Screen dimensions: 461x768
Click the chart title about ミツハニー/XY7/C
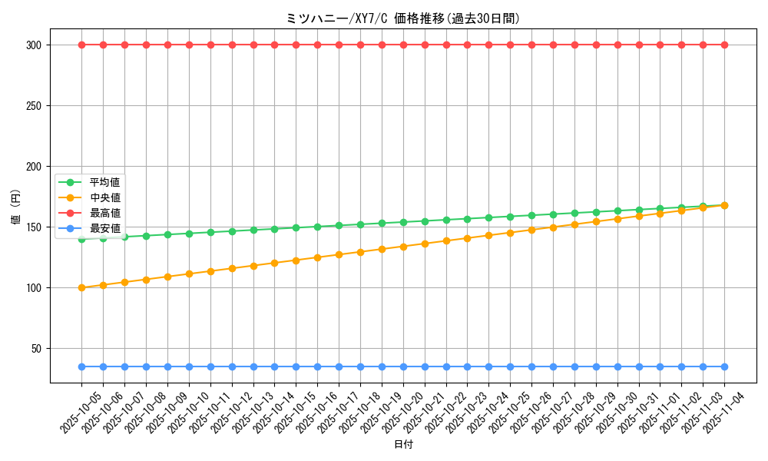coord(402,18)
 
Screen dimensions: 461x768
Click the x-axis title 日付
coord(403,445)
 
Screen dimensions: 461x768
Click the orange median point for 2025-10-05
coord(81,288)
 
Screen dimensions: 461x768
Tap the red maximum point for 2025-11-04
coord(724,45)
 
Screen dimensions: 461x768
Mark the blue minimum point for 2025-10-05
coord(81,367)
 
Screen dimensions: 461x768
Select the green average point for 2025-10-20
coord(403,222)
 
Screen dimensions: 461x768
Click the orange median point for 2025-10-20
coord(403,247)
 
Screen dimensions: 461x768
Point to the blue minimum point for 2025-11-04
coord(724,367)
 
